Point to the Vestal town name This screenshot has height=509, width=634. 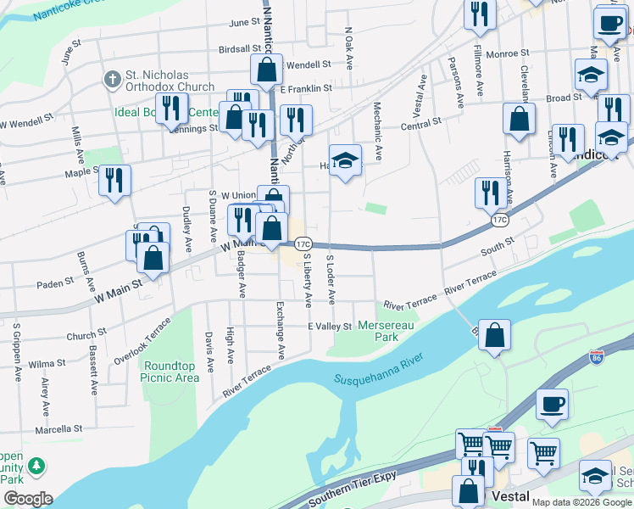(x=508, y=496)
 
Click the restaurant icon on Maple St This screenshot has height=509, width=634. (x=114, y=179)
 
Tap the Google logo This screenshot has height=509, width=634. (x=27, y=499)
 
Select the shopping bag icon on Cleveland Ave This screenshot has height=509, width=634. (x=519, y=119)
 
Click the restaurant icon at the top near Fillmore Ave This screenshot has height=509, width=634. (x=480, y=14)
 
